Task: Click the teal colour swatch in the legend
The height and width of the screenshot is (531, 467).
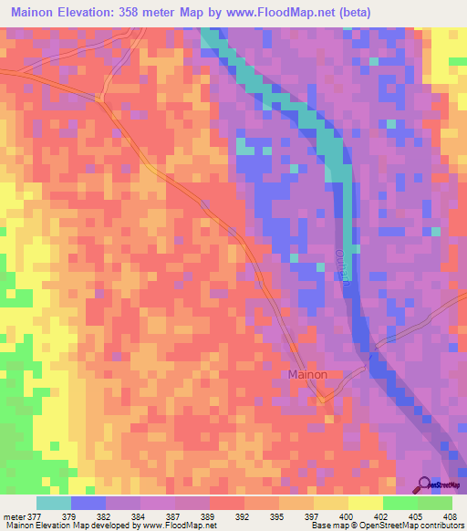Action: (54, 503)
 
